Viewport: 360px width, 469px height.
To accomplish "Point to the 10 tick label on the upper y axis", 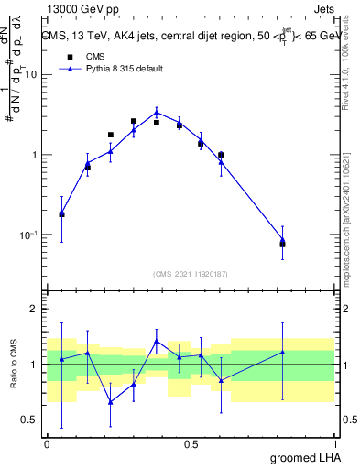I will [x=32, y=75].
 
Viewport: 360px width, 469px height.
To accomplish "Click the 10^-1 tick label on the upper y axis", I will [x=30, y=235].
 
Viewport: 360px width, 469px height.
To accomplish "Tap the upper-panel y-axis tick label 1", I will [x=37, y=155].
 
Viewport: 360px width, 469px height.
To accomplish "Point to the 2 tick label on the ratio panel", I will [x=36, y=309].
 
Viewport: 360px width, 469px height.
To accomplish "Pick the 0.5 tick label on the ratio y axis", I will [x=30, y=420].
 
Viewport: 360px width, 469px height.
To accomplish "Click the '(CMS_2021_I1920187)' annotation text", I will [x=191, y=274].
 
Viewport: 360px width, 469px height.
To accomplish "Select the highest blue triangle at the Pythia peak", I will [x=157, y=113].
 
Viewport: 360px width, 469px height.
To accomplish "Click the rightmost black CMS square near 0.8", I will [x=282, y=244].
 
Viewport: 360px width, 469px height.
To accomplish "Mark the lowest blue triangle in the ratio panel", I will [x=111, y=402].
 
